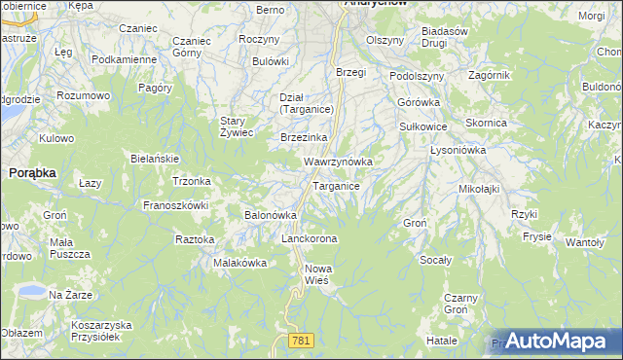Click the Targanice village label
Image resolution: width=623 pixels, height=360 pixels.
(x=336, y=186)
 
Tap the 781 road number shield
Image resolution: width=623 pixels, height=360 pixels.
(x=301, y=340)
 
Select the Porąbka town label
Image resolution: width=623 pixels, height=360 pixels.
(x=32, y=171)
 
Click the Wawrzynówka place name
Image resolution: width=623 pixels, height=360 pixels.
(x=339, y=161)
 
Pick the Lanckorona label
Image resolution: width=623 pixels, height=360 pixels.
(x=309, y=238)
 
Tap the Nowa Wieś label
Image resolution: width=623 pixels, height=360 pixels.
(x=318, y=274)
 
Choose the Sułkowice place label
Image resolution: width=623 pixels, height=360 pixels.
(x=423, y=126)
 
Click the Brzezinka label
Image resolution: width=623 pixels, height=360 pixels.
(x=303, y=138)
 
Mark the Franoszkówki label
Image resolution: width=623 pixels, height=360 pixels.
(x=177, y=205)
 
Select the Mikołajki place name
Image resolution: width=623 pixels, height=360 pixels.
(x=478, y=189)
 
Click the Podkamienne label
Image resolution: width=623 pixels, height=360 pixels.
(x=125, y=59)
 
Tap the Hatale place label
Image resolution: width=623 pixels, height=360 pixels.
(x=441, y=342)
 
